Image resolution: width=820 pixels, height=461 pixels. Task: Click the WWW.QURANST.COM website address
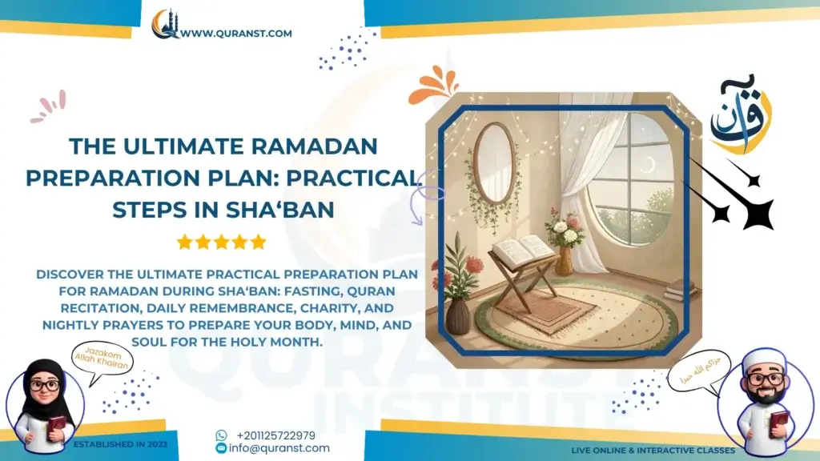[x=235, y=34]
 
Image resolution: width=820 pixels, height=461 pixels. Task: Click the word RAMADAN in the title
[x=320, y=146]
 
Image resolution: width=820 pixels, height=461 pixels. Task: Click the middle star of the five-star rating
[x=221, y=242]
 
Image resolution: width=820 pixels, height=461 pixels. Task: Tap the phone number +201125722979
[x=275, y=435]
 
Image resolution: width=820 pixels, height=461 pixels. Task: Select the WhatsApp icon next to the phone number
[x=221, y=435]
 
